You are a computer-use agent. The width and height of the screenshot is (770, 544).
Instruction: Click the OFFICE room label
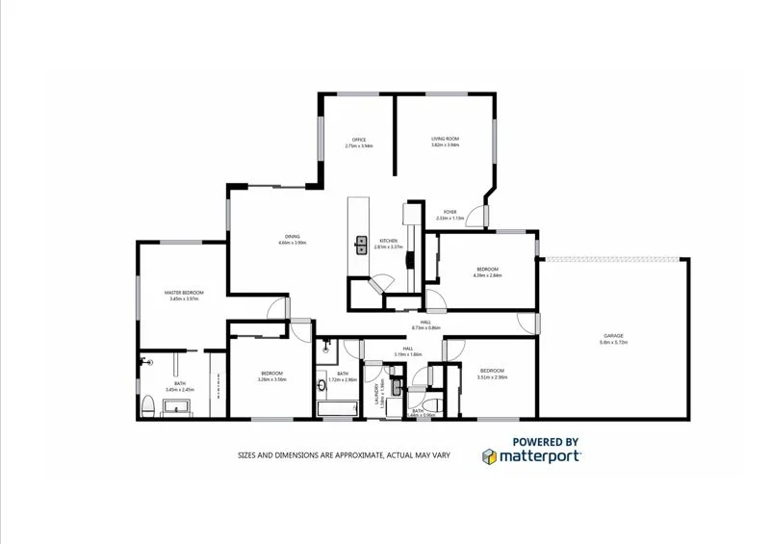[359, 140]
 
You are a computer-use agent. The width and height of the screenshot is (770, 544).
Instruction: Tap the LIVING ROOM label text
[445, 140]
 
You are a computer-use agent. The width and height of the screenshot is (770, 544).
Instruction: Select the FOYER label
[449, 212]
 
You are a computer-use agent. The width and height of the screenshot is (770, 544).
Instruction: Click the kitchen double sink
[362, 245]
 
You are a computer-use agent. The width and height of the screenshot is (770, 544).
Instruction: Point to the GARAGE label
[613, 335]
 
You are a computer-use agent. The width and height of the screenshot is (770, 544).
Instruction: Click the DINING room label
[292, 237]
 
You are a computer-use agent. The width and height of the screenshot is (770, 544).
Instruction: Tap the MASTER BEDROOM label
[183, 293]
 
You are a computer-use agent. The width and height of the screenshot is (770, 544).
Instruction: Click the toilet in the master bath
[148, 406]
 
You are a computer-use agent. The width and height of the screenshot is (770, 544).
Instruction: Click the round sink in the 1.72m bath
[321, 386]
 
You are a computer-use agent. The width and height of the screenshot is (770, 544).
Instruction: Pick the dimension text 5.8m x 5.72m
[613, 343]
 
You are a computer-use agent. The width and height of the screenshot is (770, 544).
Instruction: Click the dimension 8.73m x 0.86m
[425, 328]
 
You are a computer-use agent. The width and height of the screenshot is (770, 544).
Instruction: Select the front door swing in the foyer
[475, 218]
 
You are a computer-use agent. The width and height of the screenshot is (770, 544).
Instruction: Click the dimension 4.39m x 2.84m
[488, 275]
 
